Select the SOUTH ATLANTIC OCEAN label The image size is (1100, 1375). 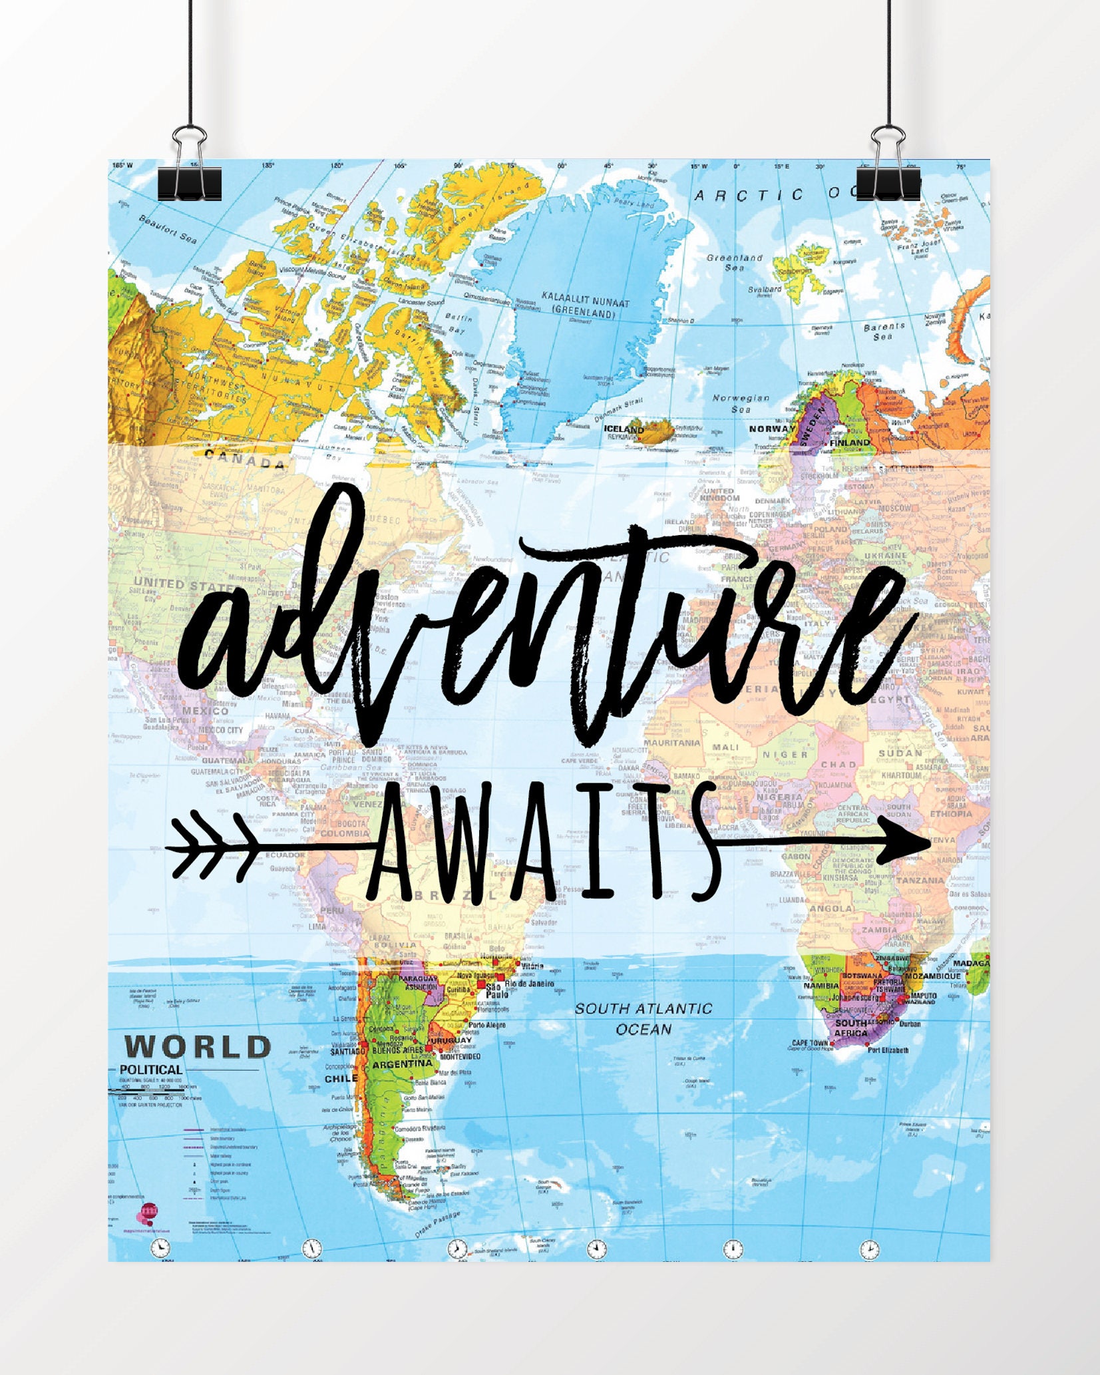click(643, 1019)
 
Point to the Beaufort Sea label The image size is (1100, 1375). click(168, 228)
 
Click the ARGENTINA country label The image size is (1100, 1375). click(402, 1064)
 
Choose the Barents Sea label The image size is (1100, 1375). click(884, 331)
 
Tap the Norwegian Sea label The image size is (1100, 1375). click(741, 403)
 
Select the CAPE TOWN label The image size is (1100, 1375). click(810, 1042)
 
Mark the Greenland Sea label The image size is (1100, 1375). click(734, 262)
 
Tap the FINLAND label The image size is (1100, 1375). click(849, 443)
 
